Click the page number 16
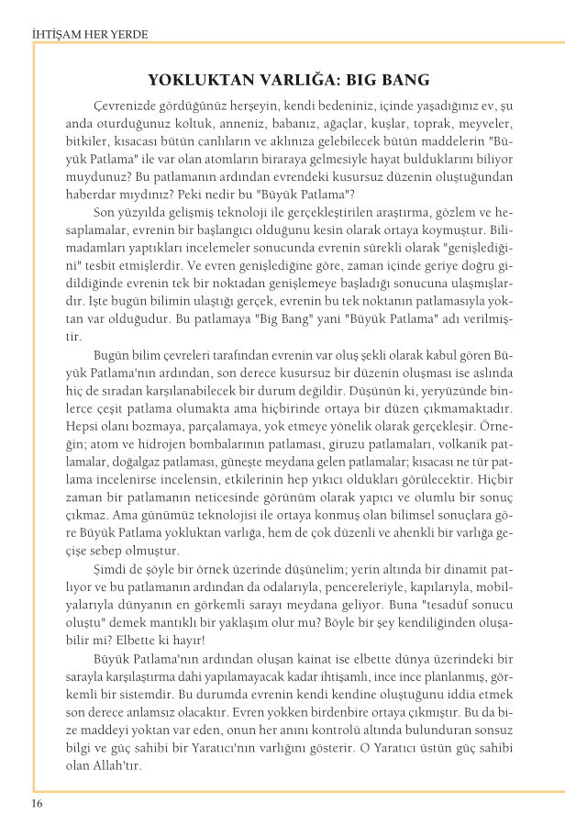pos(37,805)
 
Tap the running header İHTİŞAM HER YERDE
pos(90,35)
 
